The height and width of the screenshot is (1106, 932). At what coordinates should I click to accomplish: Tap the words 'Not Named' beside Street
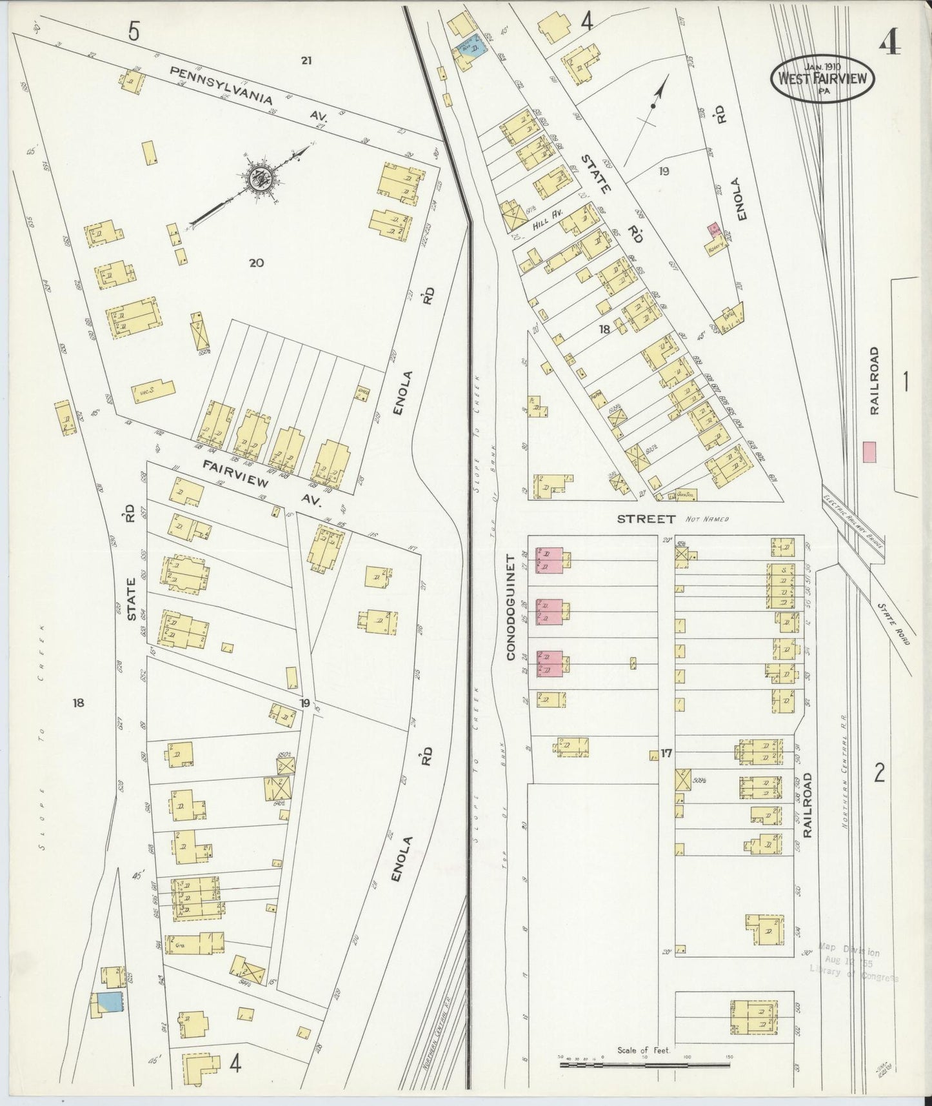[x=708, y=519]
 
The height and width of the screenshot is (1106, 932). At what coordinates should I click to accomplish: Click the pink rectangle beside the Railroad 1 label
[x=870, y=451]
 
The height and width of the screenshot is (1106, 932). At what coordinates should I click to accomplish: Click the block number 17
[x=666, y=752]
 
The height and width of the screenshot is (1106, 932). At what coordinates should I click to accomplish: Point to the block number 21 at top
[x=306, y=61]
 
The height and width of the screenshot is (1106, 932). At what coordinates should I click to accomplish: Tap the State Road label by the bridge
[x=892, y=624]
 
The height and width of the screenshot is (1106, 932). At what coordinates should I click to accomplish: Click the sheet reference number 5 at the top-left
[x=133, y=31]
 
